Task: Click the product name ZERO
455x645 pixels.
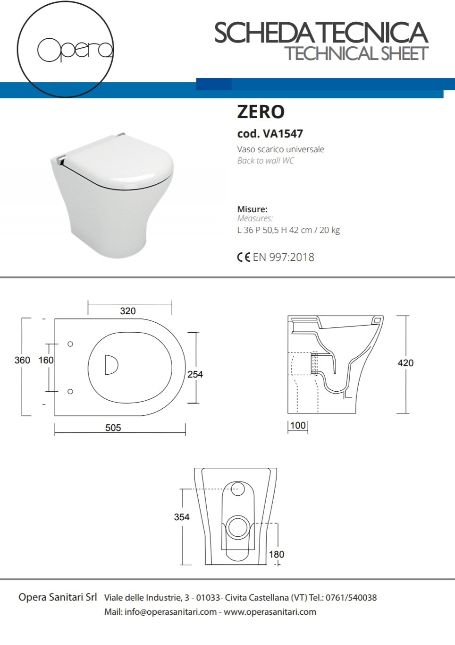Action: [x=261, y=112]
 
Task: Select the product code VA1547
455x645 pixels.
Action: [x=283, y=134]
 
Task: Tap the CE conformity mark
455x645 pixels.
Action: [x=244, y=257]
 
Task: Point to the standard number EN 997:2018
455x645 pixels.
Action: [x=283, y=257]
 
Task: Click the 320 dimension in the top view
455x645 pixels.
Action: [x=128, y=311]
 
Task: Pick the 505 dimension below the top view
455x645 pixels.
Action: [x=113, y=428]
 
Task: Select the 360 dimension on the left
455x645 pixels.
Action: [x=22, y=360]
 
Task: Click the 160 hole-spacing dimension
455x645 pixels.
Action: [x=46, y=360]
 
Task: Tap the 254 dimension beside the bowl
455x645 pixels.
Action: [x=195, y=374]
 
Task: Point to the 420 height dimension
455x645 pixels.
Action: [x=405, y=363]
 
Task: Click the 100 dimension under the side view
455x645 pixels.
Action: [x=298, y=425]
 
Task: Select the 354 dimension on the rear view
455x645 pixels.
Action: [x=182, y=517]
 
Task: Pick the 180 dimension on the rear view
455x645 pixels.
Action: [x=277, y=554]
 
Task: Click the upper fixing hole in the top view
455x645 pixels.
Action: [x=70, y=344]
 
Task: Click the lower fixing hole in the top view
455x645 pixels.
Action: [x=70, y=391]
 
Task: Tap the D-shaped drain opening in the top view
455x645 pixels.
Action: [x=111, y=365]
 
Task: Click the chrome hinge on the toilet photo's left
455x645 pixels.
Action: [x=60, y=160]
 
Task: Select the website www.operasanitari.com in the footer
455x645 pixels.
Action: [x=270, y=612]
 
